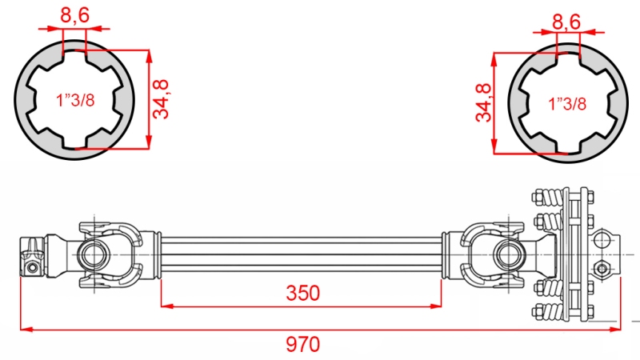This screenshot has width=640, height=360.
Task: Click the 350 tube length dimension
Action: tap(302, 293)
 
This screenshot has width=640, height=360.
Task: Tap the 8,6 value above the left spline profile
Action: tap(74, 14)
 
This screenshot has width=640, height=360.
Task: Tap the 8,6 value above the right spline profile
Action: tap(566, 22)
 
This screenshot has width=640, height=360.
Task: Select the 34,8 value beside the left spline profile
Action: tap(163, 100)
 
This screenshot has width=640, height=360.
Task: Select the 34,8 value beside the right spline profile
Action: tap(482, 102)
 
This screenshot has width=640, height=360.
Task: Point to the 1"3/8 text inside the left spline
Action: tap(74, 101)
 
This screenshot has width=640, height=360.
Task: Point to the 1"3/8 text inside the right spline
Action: tap(567, 103)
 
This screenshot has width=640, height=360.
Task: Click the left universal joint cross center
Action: tap(93, 255)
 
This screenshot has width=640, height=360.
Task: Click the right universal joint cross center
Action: tap(507, 254)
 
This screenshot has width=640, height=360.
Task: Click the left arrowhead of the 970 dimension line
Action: tap(25, 327)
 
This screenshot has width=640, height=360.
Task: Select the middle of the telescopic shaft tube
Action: tap(302, 255)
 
